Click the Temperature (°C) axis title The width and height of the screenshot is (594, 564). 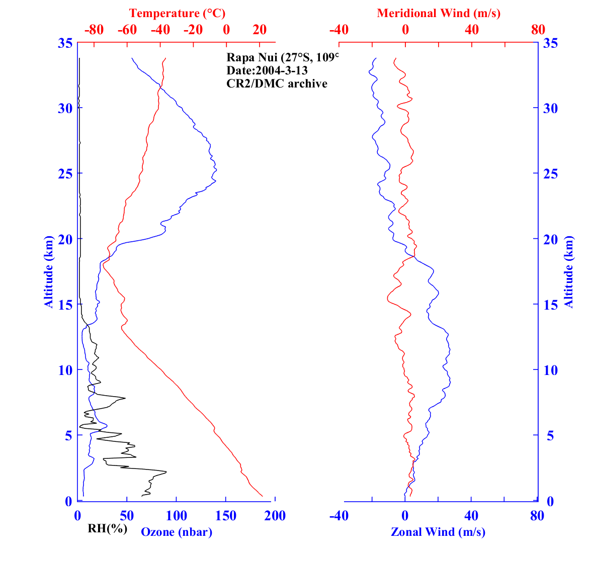[x=177, y=14]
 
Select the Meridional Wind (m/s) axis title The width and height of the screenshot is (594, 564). [x=439, y=14]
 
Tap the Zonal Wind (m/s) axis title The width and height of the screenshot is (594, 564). [x=438, y=532]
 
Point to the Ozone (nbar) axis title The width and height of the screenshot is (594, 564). [x=177, y=532]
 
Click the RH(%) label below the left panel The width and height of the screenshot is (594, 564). [x=107, y=528]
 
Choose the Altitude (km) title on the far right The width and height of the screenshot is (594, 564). [x=568, y=272]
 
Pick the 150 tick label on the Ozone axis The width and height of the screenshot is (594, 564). [x=226, y=516]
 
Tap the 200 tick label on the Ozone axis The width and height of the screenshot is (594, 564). [x=275, y=516]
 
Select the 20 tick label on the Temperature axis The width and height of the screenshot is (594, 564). [x=260, y=30]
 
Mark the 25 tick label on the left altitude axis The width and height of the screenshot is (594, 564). [x=65, y=173]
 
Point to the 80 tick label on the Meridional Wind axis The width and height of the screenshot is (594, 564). [x=538, y=30]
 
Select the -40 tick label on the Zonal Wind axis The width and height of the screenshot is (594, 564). [x=338, y=516]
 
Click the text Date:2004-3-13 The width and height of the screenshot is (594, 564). [x=267, y=70]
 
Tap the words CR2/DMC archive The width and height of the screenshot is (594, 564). [x=277, y=83]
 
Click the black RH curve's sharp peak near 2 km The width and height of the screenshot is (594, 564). [x=166, y=472]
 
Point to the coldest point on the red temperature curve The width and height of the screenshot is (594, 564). [x=103, y=265]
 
